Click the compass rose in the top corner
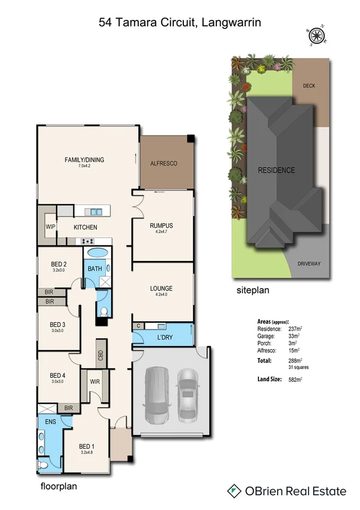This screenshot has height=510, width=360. click(316, 36)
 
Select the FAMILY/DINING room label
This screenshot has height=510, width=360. click(84, 160)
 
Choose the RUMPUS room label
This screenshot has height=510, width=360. click(162, 226)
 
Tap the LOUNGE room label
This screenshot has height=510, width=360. click(161, 289)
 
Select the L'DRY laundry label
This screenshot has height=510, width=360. click(165, 337)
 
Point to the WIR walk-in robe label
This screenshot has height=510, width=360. click(95, 381)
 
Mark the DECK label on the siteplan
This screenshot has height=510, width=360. click(309, 86)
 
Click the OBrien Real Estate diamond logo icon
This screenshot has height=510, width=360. click(234, 491)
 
